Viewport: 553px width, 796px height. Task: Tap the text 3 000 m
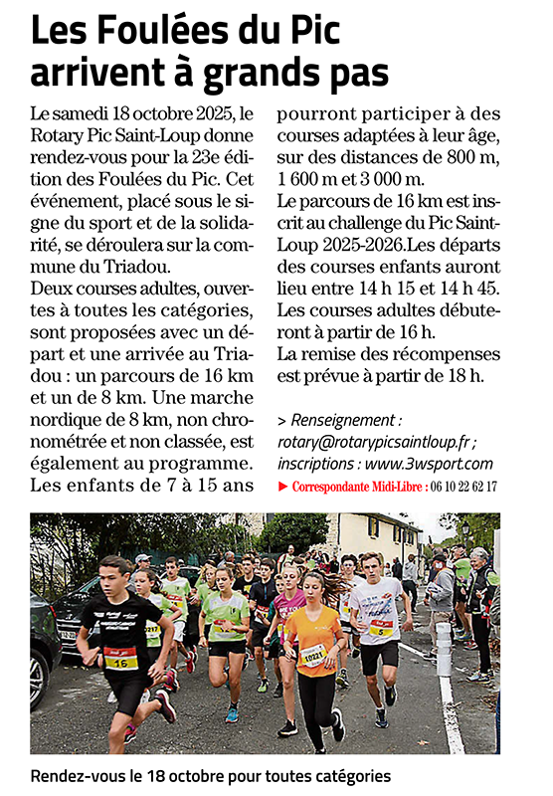point(388,179)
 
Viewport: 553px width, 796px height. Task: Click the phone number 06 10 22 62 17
point(462,487)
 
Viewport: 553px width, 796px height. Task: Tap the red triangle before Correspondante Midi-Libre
point(282,487)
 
